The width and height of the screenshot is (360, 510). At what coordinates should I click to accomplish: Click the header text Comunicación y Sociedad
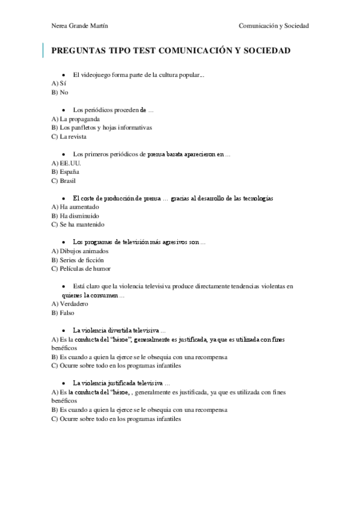point(273,26)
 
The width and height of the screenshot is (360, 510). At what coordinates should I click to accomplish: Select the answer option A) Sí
point(58,84)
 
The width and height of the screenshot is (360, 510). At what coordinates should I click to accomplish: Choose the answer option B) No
point(60,93)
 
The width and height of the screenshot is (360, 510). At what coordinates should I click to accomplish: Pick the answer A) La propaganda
point(76,119)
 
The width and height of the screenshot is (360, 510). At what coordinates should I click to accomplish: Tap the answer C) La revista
point(69,137)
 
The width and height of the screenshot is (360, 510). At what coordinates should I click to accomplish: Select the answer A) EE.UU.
point(66,163)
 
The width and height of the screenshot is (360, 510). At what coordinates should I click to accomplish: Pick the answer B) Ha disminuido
point(76,216)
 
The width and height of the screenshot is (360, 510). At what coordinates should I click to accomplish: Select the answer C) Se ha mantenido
point(78,225)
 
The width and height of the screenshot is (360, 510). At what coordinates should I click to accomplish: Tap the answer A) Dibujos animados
point(81,251)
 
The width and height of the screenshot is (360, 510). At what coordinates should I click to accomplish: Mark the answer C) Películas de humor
point(81,269)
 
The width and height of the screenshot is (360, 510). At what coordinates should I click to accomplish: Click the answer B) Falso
point(63,313)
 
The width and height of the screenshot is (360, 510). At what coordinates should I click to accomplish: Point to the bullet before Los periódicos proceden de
point(64,111)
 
